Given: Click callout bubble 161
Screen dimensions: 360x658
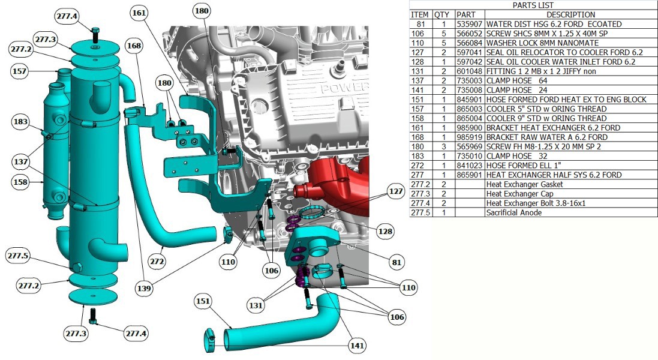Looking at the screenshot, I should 139,13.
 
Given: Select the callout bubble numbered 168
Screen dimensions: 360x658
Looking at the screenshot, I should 135,46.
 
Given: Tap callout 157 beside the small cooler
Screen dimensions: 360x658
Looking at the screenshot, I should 20,71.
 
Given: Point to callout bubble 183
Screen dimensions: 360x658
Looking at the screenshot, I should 20,122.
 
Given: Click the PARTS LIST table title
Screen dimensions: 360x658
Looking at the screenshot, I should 533,5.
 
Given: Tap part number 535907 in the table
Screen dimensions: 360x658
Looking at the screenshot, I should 469,24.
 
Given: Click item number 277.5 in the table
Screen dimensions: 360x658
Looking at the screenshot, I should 420,212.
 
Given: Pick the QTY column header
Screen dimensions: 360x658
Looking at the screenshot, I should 442,14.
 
